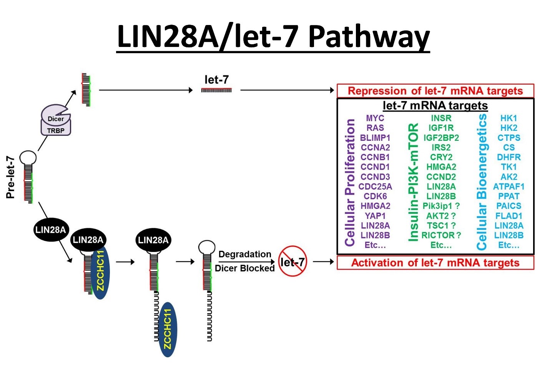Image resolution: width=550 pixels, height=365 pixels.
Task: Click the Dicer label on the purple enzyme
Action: coord(56,119)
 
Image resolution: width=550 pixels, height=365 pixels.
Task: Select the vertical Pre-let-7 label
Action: coord(10,177)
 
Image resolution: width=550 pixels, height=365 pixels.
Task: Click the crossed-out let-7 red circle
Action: coord(292,261)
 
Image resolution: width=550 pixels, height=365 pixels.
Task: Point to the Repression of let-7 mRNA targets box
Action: coord(435,91)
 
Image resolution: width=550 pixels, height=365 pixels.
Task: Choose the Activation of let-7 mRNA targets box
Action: coord(435,263)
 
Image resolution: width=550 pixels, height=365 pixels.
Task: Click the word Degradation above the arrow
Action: coord(245,254)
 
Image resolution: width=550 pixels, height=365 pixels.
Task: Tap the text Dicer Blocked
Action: coord(245,268)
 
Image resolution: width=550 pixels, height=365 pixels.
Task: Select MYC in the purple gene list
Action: coord(375,118)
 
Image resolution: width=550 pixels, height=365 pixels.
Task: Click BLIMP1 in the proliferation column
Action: coord(375,138)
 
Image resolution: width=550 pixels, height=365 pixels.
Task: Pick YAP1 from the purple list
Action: coord(375,216)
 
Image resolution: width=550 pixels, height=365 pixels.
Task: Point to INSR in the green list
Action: coord(441,118)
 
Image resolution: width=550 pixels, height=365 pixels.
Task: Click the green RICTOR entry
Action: coord(441,235)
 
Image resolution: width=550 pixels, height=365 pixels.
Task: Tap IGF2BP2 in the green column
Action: coord(441,138)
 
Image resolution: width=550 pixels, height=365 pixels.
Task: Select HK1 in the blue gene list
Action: coord(508,118)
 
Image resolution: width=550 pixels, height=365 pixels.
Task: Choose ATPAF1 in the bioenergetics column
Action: coord(508,187)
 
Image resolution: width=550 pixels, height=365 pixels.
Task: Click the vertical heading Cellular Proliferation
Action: coord(350,182)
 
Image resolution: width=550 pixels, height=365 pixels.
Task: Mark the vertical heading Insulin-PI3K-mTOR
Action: coord(413,182)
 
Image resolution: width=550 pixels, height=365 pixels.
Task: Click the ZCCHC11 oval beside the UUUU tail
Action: coord(168,329)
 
